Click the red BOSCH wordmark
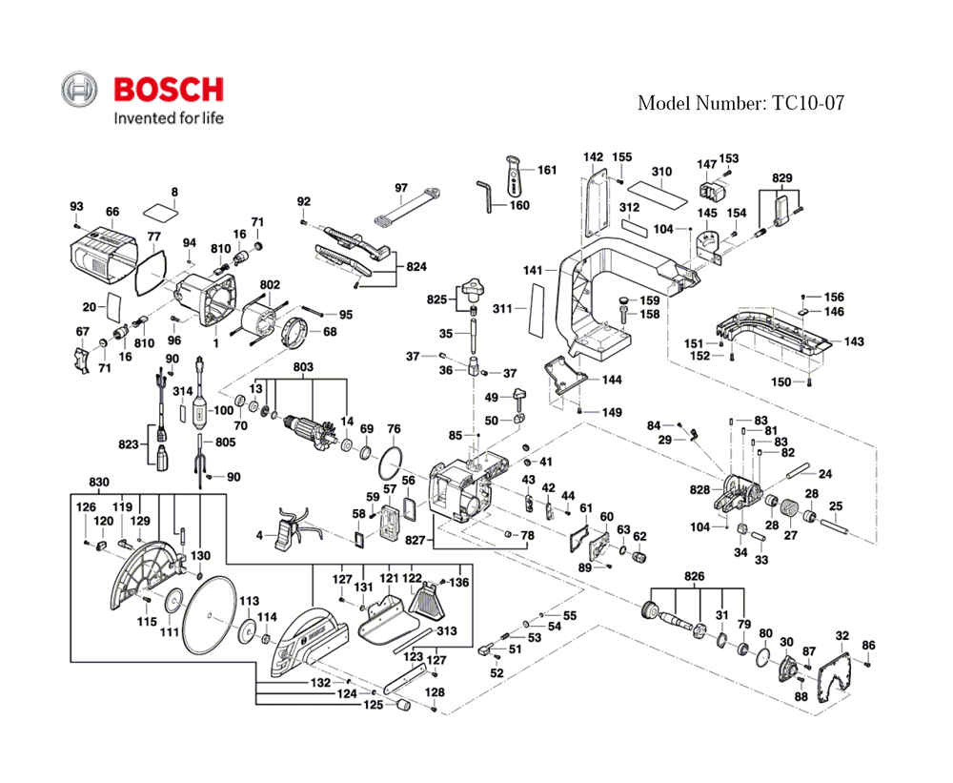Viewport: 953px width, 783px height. (x=169, y=90)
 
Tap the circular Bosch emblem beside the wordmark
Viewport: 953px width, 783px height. (x=80, y=91)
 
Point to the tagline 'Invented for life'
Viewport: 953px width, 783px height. (x=168, y=118)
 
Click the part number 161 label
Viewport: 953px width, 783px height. (x=547, y=170)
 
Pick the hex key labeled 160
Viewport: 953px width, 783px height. (x=483, y=195)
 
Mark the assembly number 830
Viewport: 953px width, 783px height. (x=99, y=481)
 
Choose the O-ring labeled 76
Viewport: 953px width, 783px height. (x=389, y=464)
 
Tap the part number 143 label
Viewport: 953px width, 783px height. (x=854, y=341)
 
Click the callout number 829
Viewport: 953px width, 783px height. (x=781, y=178)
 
